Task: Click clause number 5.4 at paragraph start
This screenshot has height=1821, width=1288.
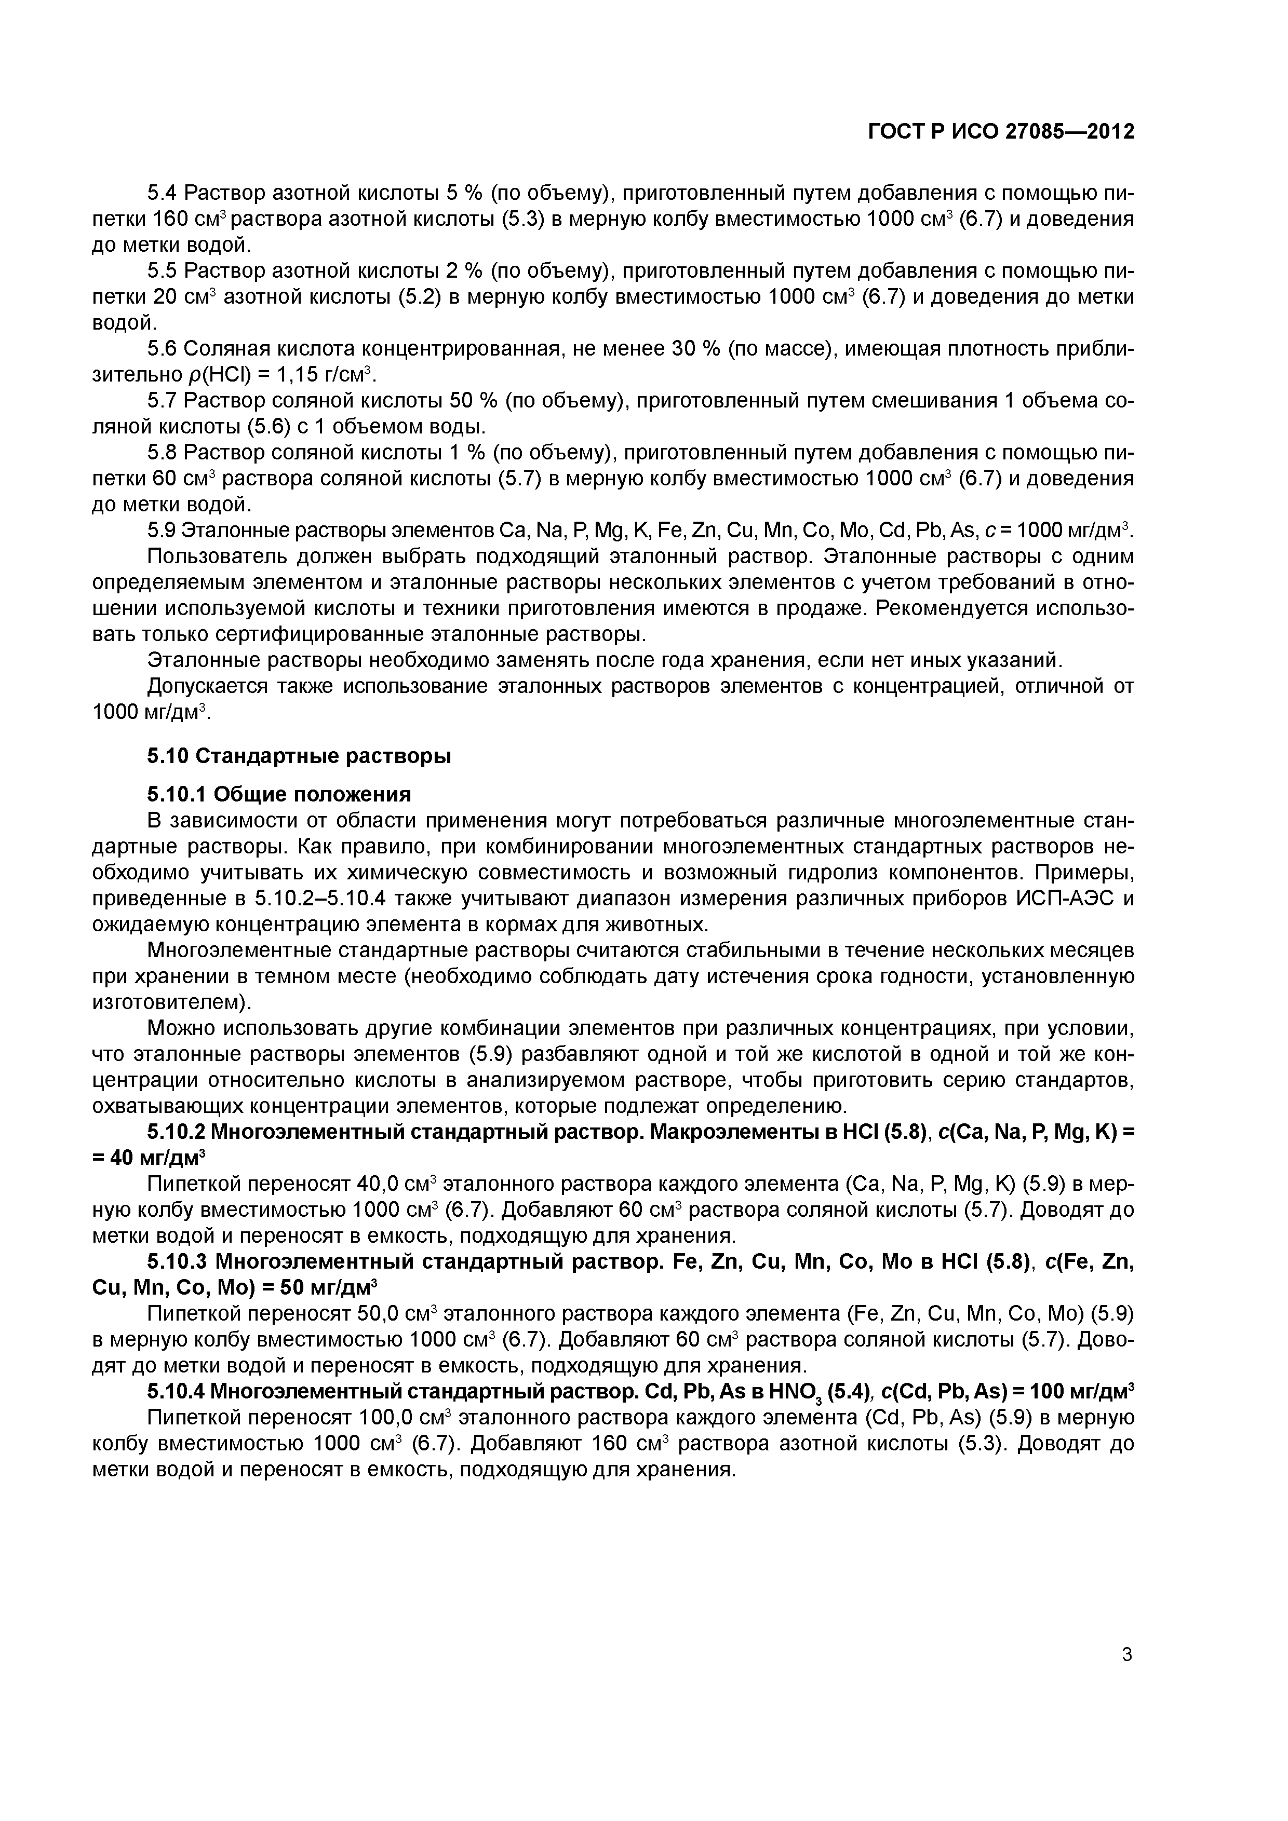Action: click(164, 194)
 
